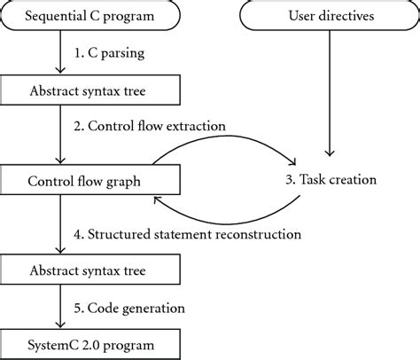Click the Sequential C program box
tap(90, 15)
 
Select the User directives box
tap(330, 15)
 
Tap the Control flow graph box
tap(90, 180)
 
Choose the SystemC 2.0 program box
tap(90, 345)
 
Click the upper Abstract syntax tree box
tap(90, 90)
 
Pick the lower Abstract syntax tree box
tap(90, 270)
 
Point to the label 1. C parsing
tap(109, 53)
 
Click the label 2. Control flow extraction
tap(150, 126)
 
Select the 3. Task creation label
tap(331, 180)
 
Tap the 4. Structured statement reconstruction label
tap(188, 234)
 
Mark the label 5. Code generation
tap(129, 309)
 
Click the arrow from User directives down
tap(330, 93)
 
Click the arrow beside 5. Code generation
tap(60, 307)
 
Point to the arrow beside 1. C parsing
tap(60, 51)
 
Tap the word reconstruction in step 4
tap(259, 234)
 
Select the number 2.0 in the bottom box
tap(89, 345)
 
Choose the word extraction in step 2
tap(196, 126)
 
